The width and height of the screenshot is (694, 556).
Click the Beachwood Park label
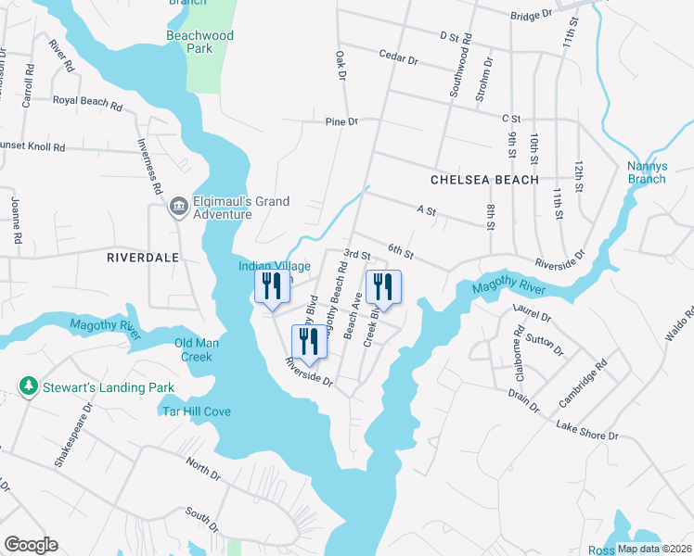(x=199, y=42)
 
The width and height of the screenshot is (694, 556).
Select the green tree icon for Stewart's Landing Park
(x=30, y=386)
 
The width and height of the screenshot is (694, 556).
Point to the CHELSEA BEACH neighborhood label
(x=483, y=179)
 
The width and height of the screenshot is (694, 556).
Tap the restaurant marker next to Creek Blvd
(x=383, y=289)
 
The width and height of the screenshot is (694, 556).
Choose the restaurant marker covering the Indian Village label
(x=271, y=289)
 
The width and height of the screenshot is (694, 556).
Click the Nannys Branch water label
(x=666, y=172)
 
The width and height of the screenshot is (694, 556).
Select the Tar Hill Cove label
(x=197, y=411)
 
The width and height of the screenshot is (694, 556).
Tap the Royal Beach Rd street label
(x=87, y=102)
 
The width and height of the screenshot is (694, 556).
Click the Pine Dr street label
(x=341, y=121)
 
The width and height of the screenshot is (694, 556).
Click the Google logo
(x=31, y=545)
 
